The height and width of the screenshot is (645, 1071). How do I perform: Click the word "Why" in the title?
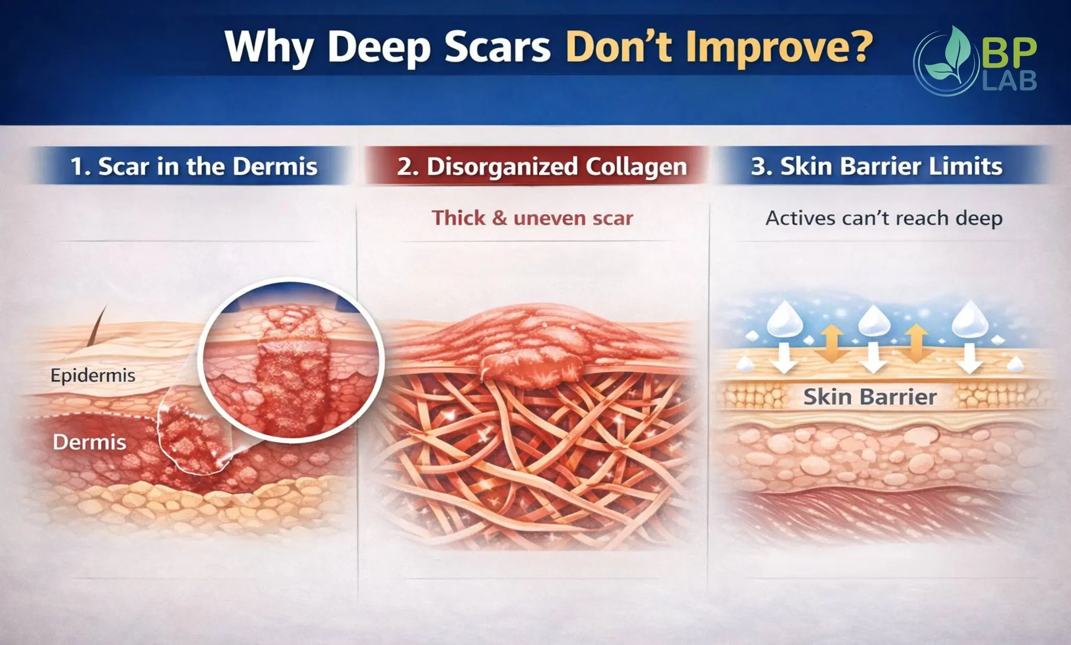(268, 47)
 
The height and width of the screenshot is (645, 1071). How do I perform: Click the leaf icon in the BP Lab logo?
(952, 57)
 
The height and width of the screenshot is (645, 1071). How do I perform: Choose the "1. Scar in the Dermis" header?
(193, 166)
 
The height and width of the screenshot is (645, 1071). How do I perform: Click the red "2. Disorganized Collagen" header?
(542, 166)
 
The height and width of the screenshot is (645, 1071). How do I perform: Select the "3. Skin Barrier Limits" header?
(876, 166)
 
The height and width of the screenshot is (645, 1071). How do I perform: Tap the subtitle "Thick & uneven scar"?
(532, 218)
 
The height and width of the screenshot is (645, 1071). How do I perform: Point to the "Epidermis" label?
(93, 375)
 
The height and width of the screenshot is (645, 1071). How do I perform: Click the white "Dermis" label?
(89, 443)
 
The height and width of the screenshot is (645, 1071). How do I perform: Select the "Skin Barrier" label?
(870, 397)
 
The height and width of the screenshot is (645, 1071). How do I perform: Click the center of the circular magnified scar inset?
(291, 361)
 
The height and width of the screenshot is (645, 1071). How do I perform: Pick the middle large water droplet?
(874, 320)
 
